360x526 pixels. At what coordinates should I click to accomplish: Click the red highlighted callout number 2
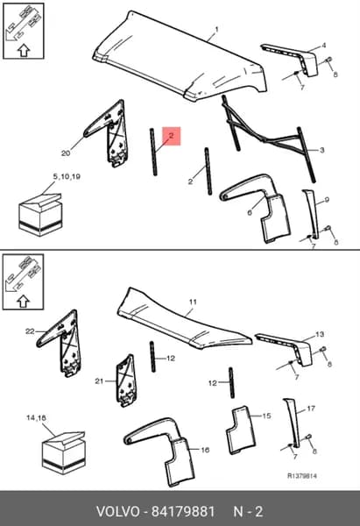172,136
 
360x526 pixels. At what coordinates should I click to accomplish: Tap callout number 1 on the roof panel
216,30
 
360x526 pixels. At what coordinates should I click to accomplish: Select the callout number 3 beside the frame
321,150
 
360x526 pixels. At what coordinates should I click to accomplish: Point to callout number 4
323,45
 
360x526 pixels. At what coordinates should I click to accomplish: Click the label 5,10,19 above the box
67,176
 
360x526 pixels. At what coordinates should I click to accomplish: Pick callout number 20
66,153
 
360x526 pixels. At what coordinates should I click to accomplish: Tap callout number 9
327,200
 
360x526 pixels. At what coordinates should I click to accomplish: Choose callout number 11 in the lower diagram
193,302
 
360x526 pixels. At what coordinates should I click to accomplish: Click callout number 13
320,334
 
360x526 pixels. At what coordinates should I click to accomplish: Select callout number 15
266,416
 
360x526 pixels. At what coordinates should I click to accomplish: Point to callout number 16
205,450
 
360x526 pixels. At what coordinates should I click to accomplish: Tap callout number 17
311,409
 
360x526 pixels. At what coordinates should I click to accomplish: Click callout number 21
99,381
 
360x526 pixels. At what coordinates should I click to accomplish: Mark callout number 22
30,331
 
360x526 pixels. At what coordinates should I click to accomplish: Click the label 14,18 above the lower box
36,418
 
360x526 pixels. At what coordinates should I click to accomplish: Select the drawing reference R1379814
302,476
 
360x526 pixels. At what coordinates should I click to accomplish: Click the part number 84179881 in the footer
183,512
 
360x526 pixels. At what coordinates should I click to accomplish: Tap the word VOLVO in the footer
117,512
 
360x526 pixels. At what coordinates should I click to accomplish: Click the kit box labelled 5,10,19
40,215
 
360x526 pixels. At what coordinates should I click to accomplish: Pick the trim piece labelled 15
241,430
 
